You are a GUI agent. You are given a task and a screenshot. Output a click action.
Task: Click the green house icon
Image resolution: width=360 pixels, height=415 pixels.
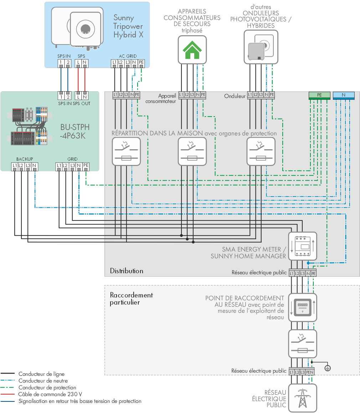point(192,50)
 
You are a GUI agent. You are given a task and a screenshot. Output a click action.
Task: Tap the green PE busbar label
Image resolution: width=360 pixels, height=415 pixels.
point(319,95)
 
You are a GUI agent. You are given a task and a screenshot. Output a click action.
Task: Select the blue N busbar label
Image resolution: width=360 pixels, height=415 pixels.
point(344,95)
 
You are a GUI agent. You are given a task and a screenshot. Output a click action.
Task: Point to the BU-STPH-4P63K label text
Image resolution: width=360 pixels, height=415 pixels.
point(75,131)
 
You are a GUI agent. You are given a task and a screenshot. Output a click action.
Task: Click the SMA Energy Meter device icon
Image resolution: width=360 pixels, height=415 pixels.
point(303,246)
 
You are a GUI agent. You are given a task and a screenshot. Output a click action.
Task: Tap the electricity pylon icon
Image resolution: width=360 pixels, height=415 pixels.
point(303,398)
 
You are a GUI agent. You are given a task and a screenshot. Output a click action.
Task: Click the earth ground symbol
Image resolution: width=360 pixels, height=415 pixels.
point(328,368)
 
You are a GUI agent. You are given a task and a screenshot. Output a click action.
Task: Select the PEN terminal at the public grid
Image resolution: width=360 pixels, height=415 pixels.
point(310,372)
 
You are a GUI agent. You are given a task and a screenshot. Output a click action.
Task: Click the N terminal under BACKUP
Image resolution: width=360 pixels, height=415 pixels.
point(35,166)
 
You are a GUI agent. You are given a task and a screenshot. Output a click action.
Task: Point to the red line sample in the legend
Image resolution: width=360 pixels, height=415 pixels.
point(7,394)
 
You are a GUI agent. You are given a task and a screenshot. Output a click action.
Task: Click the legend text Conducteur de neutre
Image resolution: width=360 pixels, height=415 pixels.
point(43,381)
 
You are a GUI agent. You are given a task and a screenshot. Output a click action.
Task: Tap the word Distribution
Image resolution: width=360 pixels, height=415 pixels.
point(127,271)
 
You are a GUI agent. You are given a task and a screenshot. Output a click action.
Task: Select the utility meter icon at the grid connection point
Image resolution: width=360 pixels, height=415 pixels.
point(303,307)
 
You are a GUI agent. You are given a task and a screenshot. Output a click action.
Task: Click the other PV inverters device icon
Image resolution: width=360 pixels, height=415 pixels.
point(261,47)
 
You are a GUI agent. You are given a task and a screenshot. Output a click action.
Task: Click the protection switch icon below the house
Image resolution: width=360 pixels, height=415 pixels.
point(192,152)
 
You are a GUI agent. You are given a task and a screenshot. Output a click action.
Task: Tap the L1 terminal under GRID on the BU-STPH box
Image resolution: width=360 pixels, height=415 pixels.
point(59,166)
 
